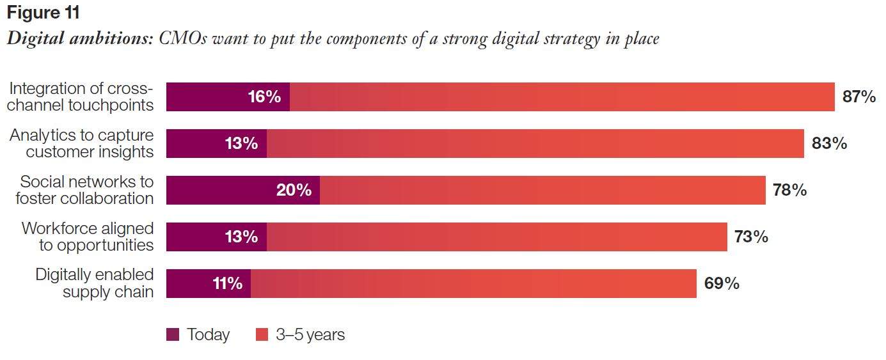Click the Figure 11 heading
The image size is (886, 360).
pyautogui.click(x=43, y=13)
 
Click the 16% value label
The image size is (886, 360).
pyautogui.click(x=264, y=97)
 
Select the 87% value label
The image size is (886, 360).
pyautogui.click(x=859, y=97)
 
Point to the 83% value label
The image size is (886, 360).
pyautogui.click(x=829, y=144)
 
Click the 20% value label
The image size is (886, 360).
pyautogui.click(x=294, y=191)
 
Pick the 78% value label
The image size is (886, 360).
pyautogui.click(x=789, y=191)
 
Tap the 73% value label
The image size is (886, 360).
pyautogui.click(x=751, y=237)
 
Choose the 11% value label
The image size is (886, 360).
pyautogui.click(x=227, y=284)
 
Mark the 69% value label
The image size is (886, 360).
pyautogui.click(x=722, y=284)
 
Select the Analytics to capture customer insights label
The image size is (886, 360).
pyautogui.click(x=82, y=144)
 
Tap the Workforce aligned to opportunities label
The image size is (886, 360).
pyautogui.click(x=88, y=237)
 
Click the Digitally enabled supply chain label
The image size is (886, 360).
pyautogui.click(x=94, y=284)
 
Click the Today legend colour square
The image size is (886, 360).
pyautogui.click(x=173, y=334)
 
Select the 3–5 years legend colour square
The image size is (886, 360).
pyautogui.click(x=262, y=334)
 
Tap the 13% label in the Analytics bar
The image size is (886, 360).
pyautogui.click(x=241, y=144)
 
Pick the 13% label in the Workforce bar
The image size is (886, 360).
pyautogui.click(x=241, y=237)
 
